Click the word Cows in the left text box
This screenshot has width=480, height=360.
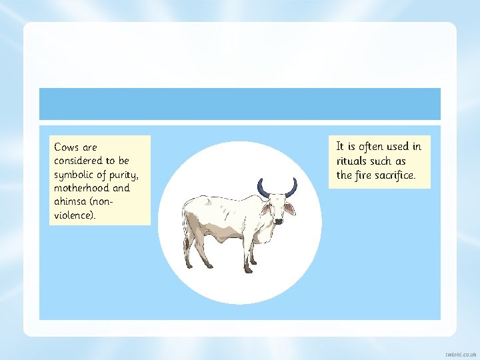point(67,147)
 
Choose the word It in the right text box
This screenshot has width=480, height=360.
point(341,146)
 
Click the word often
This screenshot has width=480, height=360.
point(371,146)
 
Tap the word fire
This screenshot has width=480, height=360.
point(363,175)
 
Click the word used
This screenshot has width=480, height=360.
point(397,146)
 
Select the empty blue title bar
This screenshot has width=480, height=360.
point(240,104)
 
